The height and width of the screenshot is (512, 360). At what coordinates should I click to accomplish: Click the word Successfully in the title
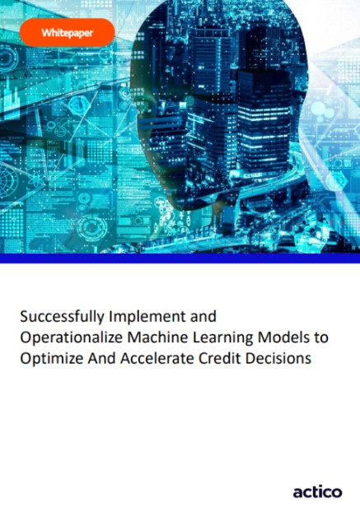click(x=59, y=315)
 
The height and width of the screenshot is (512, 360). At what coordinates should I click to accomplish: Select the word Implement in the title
click(x=145, y=315)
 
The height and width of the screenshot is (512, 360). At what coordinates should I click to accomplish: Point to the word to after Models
click(x=315, y=337)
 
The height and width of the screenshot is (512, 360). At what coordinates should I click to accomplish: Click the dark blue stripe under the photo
click(x=180, y=258)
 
